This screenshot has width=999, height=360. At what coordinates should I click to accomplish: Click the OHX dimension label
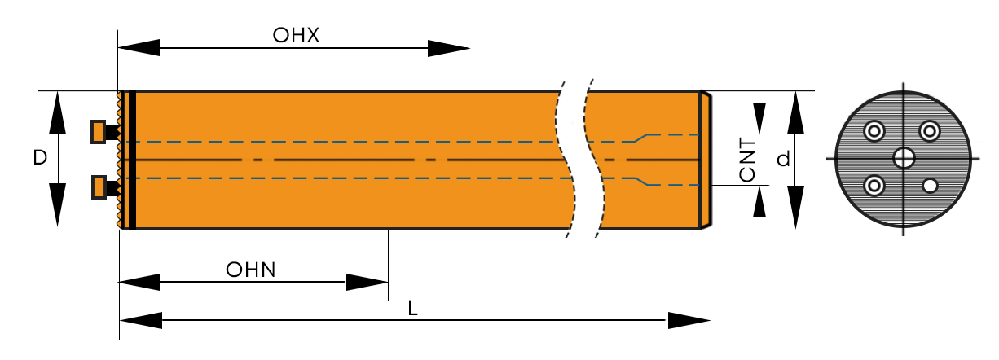[296, 36]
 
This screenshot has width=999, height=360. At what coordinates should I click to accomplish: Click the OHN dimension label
[251, 270]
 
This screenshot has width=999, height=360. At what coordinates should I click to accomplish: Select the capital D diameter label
[40, 158]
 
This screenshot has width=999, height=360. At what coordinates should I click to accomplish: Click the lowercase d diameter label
[784, 160]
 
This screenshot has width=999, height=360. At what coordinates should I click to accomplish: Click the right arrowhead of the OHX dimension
[448, 49]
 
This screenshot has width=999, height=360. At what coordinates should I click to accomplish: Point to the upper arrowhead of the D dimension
[58, 112]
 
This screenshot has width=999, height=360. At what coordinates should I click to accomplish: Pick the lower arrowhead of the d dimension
[796, 208]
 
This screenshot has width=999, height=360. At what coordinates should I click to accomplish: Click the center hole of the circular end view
[903, 157]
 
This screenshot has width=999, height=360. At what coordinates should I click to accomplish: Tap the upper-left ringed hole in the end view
[875, 130]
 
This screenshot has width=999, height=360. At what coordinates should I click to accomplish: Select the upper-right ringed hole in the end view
[930, 130]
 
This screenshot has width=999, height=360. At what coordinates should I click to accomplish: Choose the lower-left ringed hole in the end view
[875, 186]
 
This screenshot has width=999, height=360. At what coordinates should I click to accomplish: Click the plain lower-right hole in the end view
[929, 186]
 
